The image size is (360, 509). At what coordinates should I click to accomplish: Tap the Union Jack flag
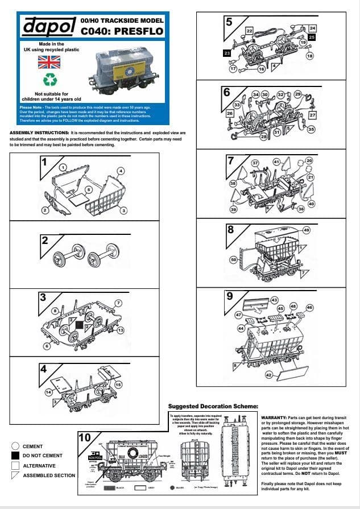49,62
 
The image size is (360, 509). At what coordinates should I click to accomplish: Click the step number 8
230,229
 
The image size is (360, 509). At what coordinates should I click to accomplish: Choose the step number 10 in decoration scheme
84,438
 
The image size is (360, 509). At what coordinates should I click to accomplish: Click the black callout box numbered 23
226,53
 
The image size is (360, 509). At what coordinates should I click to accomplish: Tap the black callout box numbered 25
312,36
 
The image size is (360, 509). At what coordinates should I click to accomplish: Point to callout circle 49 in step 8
306,230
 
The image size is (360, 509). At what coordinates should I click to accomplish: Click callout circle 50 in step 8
233,259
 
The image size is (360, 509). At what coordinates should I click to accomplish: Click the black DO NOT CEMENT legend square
15,456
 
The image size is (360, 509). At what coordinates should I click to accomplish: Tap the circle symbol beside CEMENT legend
15,446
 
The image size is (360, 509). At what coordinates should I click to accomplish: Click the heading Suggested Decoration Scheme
213,406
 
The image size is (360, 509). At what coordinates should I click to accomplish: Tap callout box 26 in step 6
230,113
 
